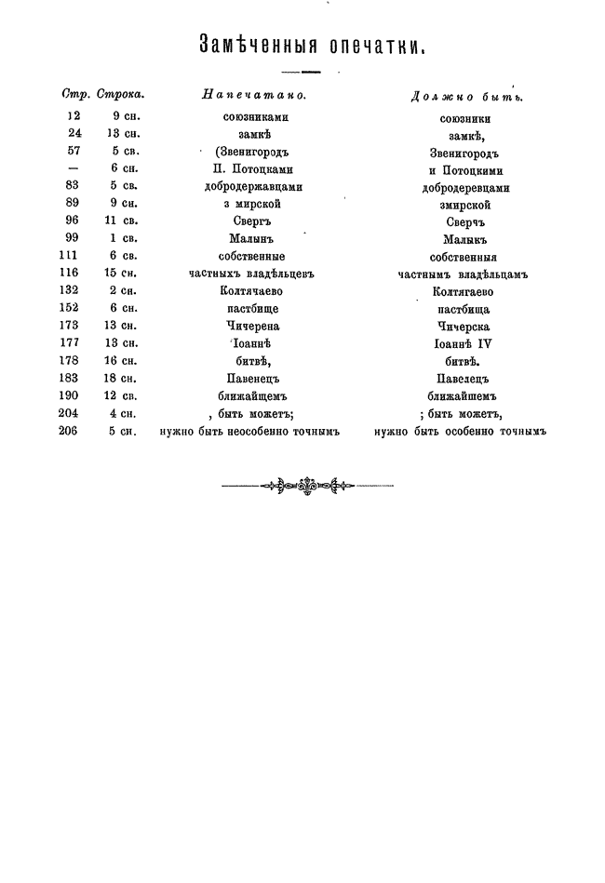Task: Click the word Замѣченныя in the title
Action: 254,45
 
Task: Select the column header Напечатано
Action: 254,94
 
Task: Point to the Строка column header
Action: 121,94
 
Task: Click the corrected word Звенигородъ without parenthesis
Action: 465,153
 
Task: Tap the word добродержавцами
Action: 253,186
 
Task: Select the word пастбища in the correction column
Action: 465,309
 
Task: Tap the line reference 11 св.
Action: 120,221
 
